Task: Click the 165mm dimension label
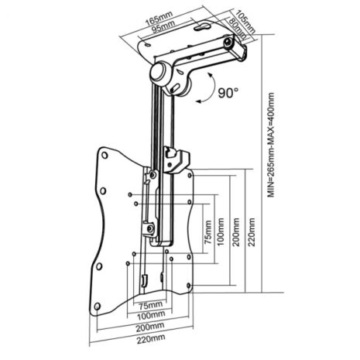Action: tap(159, 18)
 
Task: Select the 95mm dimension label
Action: tap(163, 26)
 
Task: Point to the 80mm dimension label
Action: tap(236, 29)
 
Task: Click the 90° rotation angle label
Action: tap(228, 93)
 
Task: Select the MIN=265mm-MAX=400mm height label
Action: tap(271, 146)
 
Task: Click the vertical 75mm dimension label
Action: tap(207, 232)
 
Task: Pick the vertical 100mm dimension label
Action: tap(221, 232)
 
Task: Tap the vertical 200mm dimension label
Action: tap(236, 232)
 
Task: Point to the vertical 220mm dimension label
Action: tap(252, 232)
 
